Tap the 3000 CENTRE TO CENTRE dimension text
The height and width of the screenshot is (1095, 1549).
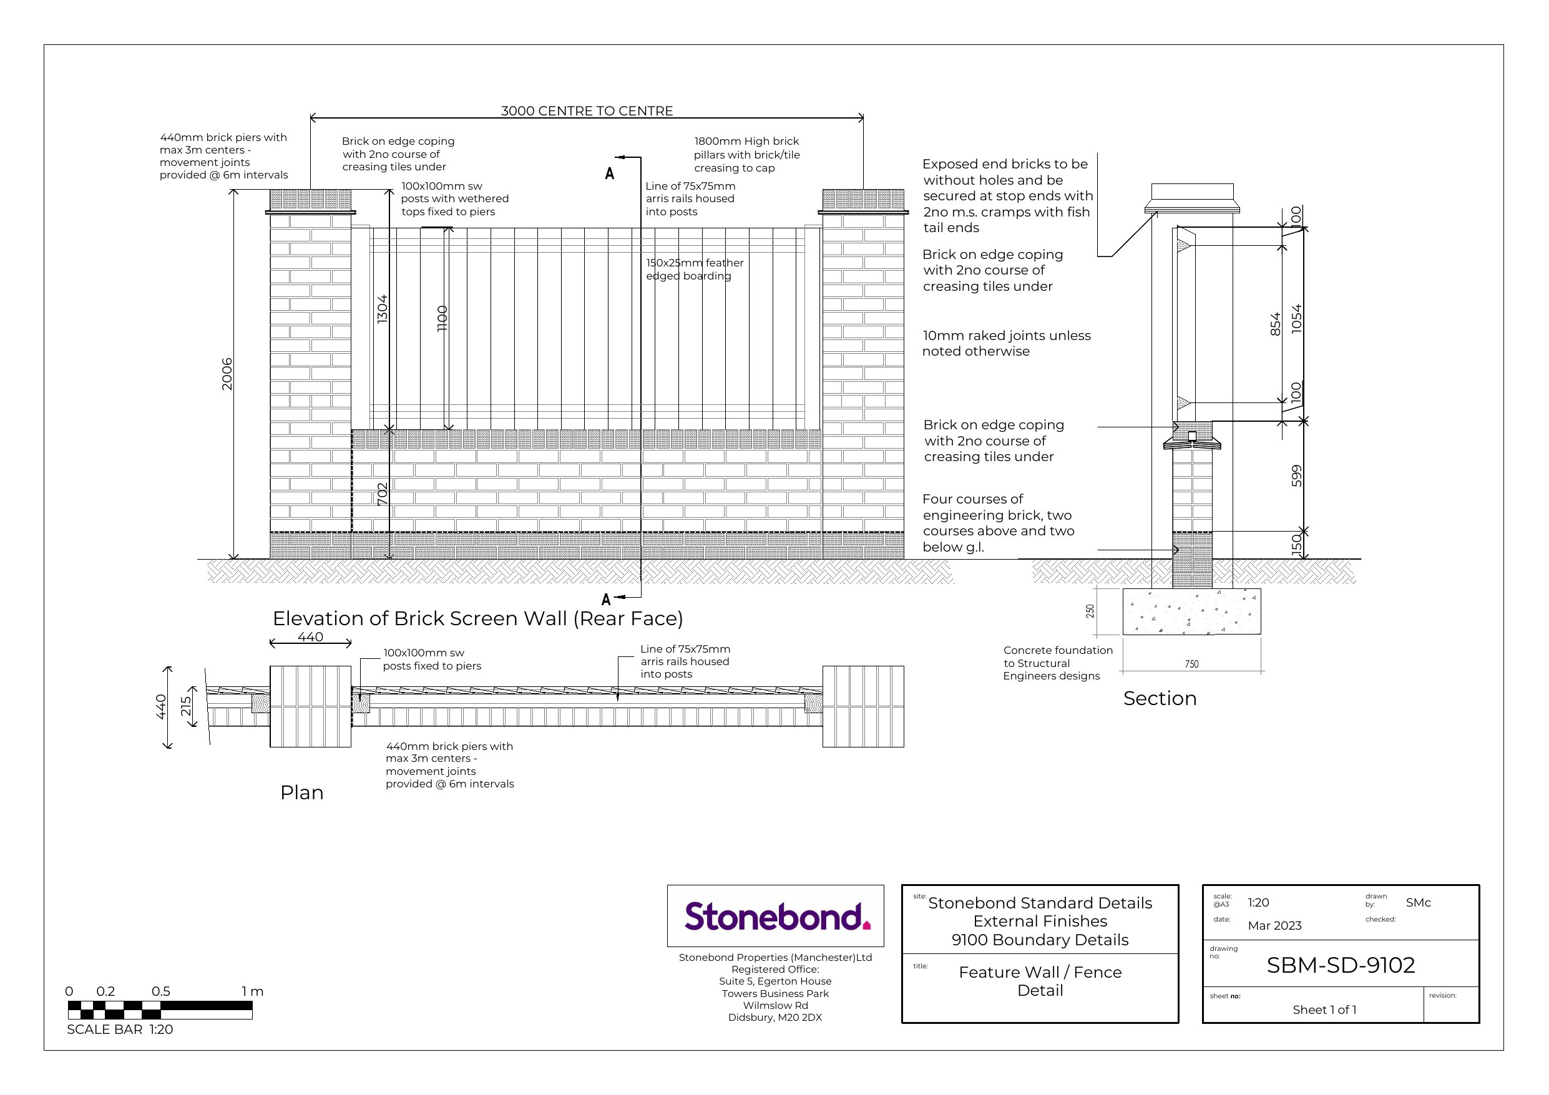(586, 110)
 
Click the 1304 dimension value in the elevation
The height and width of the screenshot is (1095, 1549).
(383, 308)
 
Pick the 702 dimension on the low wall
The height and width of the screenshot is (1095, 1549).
(383, 494)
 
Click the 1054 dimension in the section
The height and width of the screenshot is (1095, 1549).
(1296, 318)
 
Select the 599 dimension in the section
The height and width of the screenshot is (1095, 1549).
(1296, 476)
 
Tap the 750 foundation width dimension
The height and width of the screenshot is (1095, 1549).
(1191, 664)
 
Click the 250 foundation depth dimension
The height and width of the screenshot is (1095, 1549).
(1090, 611)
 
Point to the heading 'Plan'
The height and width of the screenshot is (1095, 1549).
(301, 793)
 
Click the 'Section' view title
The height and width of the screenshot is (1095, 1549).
(1160, 698)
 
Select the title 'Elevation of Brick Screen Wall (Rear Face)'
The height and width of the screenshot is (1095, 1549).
(477, 619)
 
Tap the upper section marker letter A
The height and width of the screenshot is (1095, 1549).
(610, 173)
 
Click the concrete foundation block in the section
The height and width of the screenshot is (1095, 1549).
(1191, 611)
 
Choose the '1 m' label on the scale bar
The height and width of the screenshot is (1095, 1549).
(252, 991)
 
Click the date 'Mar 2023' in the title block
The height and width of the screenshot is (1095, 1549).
(1274, 926)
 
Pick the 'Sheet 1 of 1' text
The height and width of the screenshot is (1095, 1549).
(1324, 1010)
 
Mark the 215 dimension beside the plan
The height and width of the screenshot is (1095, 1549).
(185, 706)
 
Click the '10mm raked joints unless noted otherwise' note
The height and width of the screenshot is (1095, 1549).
(1006, 343)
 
